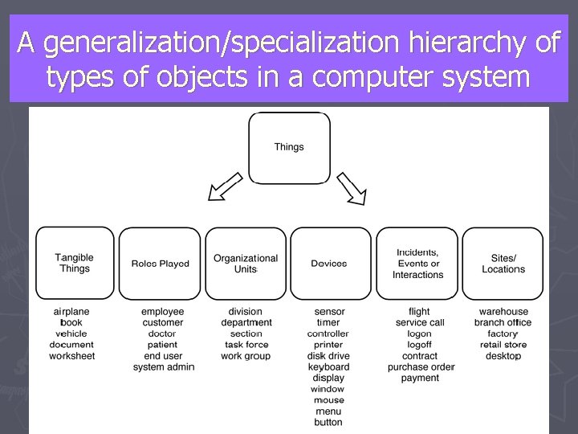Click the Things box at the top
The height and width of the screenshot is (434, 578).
pyautogui.click(x=289, y=148)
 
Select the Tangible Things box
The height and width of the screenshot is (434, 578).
pyautogui.click(x=75, y=262)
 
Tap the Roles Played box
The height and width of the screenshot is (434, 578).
pyautogui.click(x=161, y=263)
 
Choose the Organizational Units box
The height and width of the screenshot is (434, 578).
pyautogui.click(x=246, y=263)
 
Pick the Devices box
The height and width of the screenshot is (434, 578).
pyautogui.click(x=329, y=263)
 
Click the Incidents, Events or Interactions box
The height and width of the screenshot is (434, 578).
pyautogui.click(x=417, y=263)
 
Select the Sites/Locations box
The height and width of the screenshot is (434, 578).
pyautogui.click(x=503, y=263)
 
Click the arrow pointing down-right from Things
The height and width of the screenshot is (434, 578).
pyautogui.click(x=351, y=186)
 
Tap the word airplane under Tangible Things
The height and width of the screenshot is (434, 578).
pyautogui.click(x=71, y=311)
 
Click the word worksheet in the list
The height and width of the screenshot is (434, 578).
pyautogui.click(x=71, y=356)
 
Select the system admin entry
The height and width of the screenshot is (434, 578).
pyautogui.click(x=164, y=367)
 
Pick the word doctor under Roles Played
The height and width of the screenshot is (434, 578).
pyautogui.click(x=162, y=334)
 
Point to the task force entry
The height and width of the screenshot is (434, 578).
pyautogui.click(x=246, y=345)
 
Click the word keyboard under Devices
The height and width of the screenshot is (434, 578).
pyautogui.click(x=328, y=367)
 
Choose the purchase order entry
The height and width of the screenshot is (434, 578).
pyautogui.click(x=421, y=367)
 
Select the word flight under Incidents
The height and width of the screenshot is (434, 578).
pyautogui.click(x=419, y=311)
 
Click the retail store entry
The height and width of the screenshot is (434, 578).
pyautogui.click(x=503, y=345)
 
